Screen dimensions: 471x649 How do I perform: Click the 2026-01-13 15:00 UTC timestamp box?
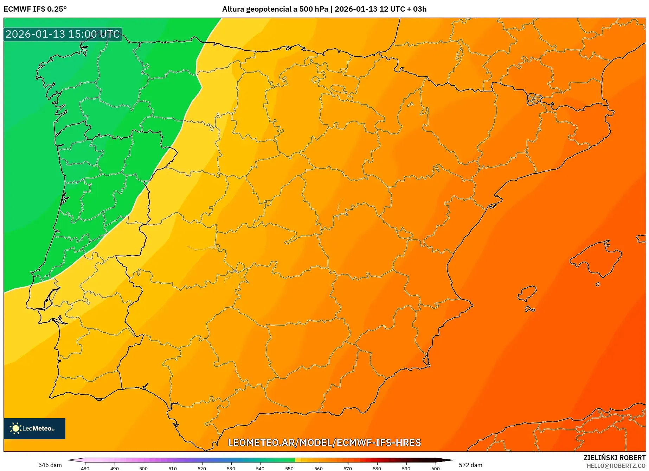63,34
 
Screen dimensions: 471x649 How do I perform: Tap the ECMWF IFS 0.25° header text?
35,9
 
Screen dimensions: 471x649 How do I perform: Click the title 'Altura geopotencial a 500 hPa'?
275,9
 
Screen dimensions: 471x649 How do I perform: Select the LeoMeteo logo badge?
34,428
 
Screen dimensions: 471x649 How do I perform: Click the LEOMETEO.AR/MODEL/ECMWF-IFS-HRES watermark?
324,442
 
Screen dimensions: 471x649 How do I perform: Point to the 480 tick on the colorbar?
85,468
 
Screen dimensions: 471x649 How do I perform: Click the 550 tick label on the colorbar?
289,468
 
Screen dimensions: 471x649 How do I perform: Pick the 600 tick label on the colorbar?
435,468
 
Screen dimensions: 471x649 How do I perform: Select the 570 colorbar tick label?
348,468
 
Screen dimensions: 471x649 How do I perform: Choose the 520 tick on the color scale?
202,468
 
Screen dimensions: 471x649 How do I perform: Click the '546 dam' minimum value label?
50,465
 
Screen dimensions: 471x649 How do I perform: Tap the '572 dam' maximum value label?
470,465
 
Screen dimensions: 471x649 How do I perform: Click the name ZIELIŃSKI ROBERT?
615,458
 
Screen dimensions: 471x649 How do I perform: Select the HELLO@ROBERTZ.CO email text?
616,466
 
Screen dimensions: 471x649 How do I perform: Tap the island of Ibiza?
527,293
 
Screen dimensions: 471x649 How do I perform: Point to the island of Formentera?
530,309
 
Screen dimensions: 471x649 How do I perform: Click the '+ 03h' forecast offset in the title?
415,9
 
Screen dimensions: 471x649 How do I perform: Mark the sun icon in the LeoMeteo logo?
15,428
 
